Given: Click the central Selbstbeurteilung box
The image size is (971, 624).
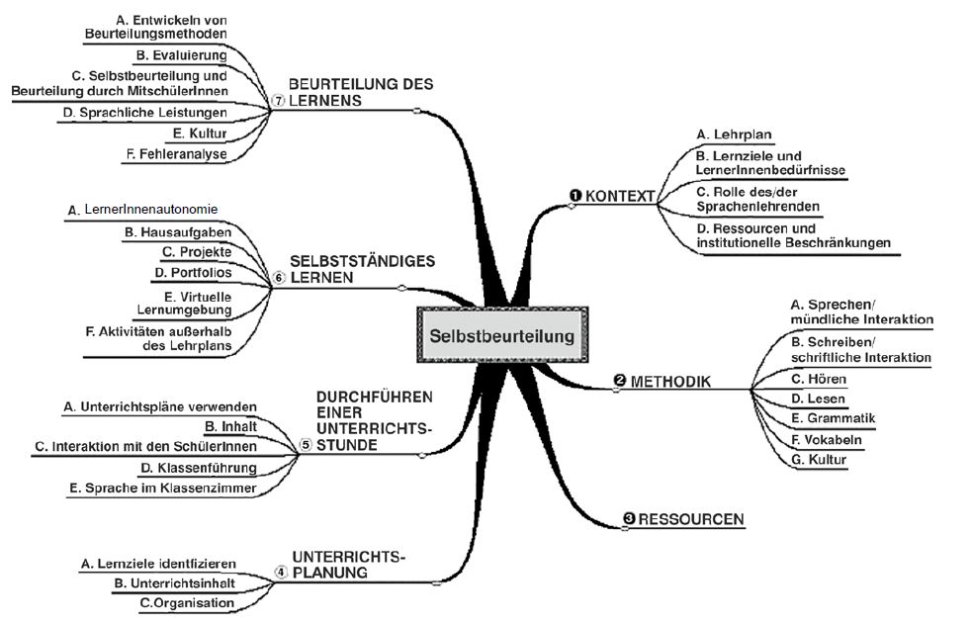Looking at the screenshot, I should [x=501, y=336].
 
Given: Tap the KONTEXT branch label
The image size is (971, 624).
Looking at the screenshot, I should [x=620, y=197].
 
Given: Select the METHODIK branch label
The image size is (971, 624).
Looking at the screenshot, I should [x=669, y=381].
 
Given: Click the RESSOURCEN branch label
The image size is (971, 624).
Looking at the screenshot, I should [x=691, y=519].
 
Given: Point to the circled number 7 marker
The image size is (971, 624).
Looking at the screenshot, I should [x=278, y=101].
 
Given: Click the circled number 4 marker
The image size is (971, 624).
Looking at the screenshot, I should [x=281, y=572].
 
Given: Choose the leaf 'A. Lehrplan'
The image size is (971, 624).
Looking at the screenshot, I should [x=735, y=134].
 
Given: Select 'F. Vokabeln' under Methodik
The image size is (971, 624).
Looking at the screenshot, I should [x=814, y=439].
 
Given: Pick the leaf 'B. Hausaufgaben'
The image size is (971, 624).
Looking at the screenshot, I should [x=178, y=232].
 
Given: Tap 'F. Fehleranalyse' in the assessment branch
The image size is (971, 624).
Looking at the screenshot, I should [x=177, y=154].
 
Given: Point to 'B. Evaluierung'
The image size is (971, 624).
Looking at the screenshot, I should [x=181, y=54].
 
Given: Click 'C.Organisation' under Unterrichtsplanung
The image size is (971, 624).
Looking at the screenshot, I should [x=187, y=602].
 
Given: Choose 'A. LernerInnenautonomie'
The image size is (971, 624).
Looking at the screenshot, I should [x=143, y=210].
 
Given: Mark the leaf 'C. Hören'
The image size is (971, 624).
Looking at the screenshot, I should [x=806, y=379].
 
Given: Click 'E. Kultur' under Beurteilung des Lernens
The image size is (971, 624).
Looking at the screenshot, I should [x=200, y=133].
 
